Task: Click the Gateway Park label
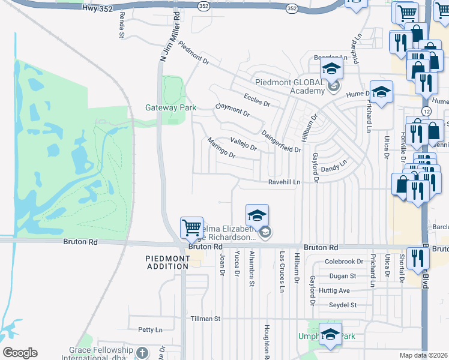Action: coord(171,108)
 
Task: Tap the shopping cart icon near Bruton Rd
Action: coord(191,229)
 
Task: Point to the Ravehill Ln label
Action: coord(284,181)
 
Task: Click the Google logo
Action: coord(20,353)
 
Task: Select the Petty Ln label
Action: coord(150,329)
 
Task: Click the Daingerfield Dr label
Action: coord(282,142)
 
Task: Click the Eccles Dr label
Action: coord(257,100)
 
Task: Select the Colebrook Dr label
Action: coord(344,262)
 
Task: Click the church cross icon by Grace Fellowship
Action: coord(142,352)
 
